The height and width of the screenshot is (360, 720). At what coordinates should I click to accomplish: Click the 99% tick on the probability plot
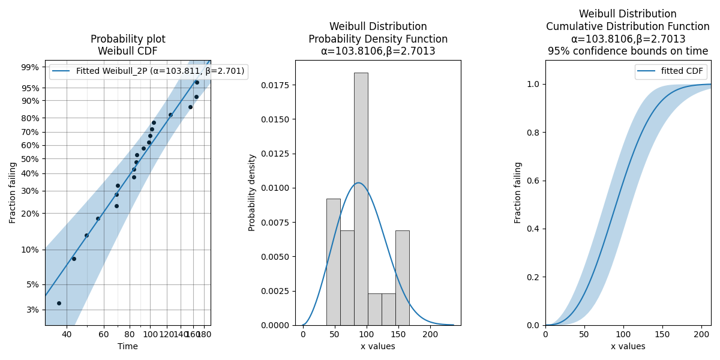click(31, 67)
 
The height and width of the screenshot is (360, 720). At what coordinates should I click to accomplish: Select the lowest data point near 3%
click(59, 303)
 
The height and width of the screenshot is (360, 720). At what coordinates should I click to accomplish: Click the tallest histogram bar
click(361, 198)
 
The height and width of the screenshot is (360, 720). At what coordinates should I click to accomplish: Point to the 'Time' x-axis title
click(128, 346)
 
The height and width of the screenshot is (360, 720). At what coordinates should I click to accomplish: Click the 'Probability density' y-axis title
click(253, 193)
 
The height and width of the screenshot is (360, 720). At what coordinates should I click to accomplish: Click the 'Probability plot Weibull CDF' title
click(128, 45)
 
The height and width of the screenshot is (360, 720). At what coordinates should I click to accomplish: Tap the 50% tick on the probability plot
click(31, 159)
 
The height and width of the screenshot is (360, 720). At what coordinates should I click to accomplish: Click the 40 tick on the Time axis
click(67, 334)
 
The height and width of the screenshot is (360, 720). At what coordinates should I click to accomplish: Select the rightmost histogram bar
click(402, 277)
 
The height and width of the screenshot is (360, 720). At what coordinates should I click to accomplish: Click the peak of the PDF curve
click(358, 183)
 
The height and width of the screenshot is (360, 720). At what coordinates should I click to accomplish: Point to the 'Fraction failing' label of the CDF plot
click(518, 193)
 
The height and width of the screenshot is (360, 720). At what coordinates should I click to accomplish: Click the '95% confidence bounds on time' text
click(628, 51)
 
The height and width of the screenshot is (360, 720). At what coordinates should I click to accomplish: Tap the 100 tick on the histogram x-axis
click(367, 334)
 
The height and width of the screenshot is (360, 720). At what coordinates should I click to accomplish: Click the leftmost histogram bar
click(333, 262)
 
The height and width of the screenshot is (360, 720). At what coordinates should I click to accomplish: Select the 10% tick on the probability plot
click(31, 250)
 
